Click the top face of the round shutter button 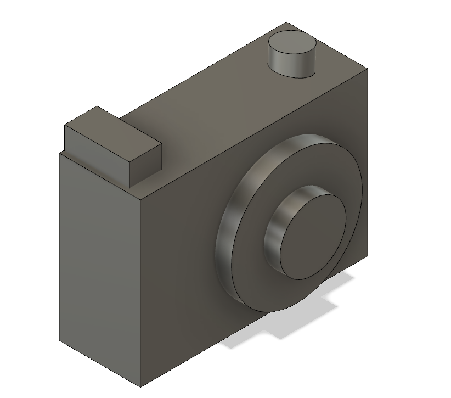292,44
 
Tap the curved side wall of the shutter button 291,65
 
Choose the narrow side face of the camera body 99,264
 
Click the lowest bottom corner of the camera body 140,386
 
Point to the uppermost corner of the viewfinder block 97,106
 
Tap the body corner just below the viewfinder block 59,153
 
